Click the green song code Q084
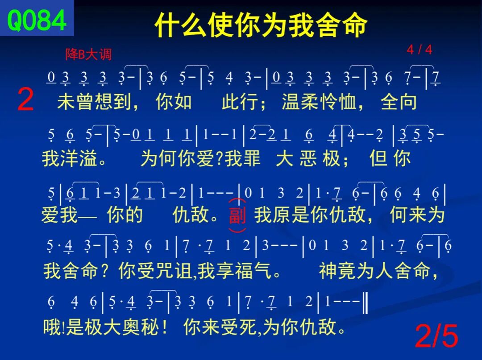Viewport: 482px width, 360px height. point(36,20)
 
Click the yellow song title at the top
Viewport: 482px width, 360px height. point(261,25)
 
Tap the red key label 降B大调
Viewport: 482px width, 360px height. point(88,54)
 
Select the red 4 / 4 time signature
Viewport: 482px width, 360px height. point(419,50)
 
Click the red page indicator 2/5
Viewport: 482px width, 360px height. point(436,336)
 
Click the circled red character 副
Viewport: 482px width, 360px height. point(237,215)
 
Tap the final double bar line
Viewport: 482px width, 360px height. point(365,302)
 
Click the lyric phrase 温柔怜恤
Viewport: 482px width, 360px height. point(319,102)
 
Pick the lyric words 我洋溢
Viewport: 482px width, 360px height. point(70,158)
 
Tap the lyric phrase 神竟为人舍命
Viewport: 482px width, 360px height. point(375,271)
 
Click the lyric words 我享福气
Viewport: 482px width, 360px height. point(235,271)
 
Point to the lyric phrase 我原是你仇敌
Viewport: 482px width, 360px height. point(310,215)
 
